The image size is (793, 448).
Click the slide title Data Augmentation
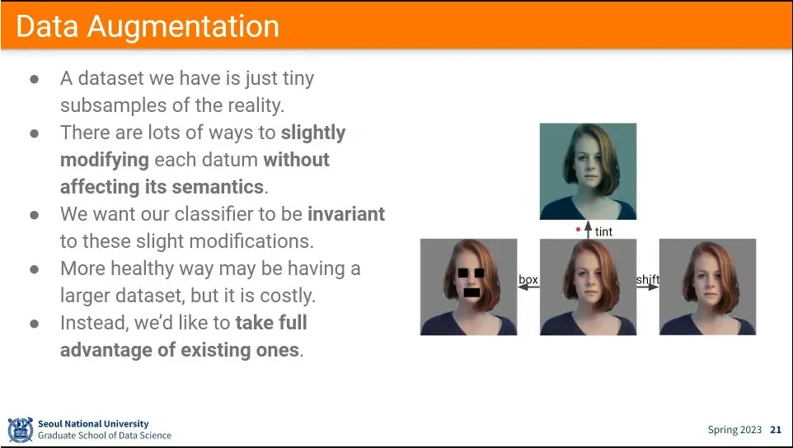pos(148,26)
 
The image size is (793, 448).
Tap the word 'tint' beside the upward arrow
pos(603,231)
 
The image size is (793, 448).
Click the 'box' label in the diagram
pos(528,279)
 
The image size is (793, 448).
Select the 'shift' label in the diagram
pos(647,279)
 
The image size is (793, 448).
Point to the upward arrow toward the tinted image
pos(588,229)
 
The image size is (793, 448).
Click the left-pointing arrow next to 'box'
pos(528,287)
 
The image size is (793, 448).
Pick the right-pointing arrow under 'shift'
pos(647,287)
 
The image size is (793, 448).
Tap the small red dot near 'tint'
pos(578,229)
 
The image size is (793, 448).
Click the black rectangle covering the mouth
pos(472,292)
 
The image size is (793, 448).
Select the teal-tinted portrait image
pos(588,171)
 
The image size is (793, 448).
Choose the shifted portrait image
pos(707,287)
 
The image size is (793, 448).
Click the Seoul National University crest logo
pos(21,430)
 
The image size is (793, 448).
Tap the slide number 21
pos(776,430)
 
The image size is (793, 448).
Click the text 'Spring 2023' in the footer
pos(734,430)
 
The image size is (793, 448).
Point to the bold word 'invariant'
pos(346,213)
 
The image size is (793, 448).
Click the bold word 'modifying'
pos(105,161)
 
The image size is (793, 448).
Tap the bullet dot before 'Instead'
pos(35,324)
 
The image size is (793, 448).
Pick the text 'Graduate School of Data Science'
pos(105,436)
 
